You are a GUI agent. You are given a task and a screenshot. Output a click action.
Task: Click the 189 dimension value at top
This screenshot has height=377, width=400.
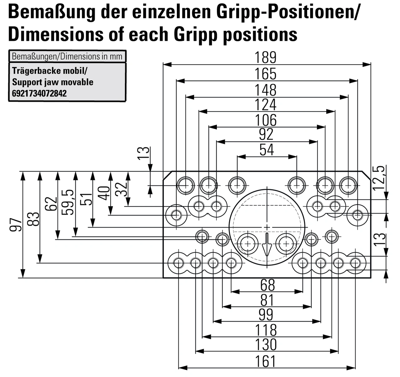point(266,58)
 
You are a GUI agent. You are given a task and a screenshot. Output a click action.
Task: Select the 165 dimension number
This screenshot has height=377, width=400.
point(266,74)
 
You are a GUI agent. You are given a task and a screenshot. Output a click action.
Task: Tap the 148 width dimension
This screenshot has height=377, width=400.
point(266,90)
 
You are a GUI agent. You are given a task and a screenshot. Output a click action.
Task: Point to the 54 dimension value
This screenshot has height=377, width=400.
point(267,150)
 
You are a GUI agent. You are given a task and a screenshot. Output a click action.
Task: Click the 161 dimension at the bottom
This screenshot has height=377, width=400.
point(266,361)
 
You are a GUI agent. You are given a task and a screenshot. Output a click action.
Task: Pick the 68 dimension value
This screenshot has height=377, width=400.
point(267,285)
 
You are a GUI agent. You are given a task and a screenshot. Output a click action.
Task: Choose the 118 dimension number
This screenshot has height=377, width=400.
point(266,330)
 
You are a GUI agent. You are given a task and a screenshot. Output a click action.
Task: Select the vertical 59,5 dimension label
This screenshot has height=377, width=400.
point(68,202)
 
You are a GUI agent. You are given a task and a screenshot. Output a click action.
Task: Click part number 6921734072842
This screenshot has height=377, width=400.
point(39,93)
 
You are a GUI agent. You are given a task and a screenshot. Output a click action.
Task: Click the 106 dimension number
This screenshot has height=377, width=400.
point(266,120)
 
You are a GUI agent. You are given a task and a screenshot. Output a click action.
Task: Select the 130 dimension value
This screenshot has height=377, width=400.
point(266,345)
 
